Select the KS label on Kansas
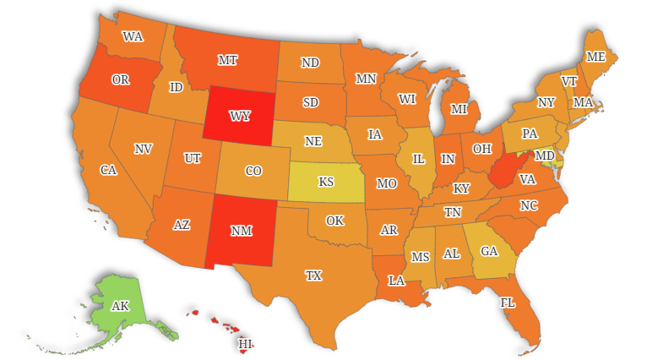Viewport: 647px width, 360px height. tap(326, 182)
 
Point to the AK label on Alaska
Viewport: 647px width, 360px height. tap(121, 306)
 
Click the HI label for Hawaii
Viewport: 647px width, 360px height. tap(245, 344)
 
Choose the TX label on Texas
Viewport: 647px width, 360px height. tap(313, 275)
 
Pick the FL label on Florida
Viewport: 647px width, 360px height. tap(507, 303)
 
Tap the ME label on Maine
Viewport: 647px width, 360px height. tap(596, 57)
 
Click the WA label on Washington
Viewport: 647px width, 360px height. tap(133, 36)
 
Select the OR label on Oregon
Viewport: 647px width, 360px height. tap(120, 79)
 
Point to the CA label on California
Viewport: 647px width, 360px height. tap(108, 170)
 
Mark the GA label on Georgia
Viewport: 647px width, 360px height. tap(489, 251)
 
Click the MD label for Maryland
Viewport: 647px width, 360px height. tap(546, 156)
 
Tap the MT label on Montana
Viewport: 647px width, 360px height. tap(227, 60)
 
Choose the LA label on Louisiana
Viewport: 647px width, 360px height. tap(396, 280)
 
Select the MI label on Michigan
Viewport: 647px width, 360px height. tap(459, 109)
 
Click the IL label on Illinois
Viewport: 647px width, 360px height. tap(418, 159)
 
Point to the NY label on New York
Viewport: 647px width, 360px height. tap(546, 102)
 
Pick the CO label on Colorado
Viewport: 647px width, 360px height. tap(253, 171)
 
